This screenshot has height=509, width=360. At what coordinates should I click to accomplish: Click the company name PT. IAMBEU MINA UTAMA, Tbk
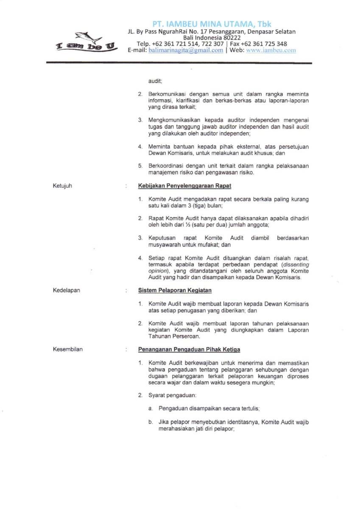(x=212, y=24)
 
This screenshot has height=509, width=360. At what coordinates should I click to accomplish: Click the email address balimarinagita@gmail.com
(x=186, y=50)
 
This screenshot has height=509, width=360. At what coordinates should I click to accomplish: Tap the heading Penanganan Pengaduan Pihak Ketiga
(x=189, y=350)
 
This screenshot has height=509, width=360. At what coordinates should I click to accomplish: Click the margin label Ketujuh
(x=62, y=185)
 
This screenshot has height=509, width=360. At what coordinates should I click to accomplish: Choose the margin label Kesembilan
(x=68, y=350)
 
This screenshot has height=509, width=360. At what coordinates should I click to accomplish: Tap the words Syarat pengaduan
(x=172, y=395)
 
